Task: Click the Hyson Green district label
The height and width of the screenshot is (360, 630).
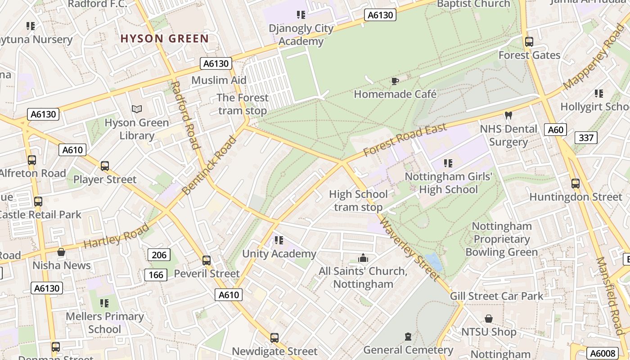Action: [164, 38]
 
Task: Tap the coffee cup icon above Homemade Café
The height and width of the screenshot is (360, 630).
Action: [395, 81]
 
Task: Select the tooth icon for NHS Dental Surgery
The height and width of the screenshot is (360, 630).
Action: [508, 116]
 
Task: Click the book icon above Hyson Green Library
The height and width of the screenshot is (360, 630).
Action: [137, 109]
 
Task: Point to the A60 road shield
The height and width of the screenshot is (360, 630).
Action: [555, 130]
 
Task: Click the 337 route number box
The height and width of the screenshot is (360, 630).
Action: [586, 138]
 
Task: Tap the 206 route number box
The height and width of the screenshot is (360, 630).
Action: [159, 255]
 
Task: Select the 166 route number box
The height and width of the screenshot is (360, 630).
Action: [156, 274]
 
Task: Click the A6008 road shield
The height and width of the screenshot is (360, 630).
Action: [602, 353]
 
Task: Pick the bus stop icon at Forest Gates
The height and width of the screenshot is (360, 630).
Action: [529, 42]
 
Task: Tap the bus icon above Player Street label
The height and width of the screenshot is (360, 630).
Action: [105, 166]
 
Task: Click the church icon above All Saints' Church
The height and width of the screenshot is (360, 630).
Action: [363, 258]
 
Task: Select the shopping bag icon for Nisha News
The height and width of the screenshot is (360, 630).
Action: [61, 252]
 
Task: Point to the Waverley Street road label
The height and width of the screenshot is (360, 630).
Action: [409, 248]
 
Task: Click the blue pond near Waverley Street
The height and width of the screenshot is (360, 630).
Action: [433, 261]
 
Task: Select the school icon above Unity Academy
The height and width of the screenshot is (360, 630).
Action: [279, 240]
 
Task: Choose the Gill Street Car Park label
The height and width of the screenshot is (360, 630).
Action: [496, 296]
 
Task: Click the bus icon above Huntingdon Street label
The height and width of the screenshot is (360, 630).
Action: [575, 184]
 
